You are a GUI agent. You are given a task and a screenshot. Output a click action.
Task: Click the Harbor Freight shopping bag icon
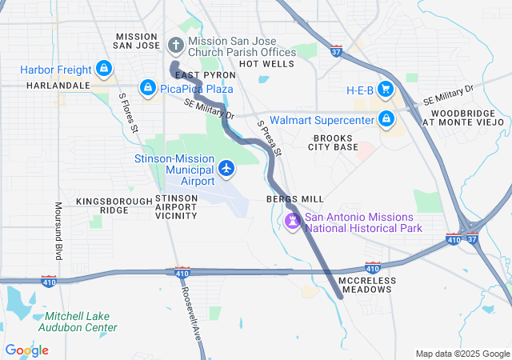tap(103, 70)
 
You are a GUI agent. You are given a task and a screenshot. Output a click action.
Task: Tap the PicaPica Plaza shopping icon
tap(147, 87)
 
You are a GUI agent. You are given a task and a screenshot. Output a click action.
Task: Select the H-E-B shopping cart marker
tap(386, 89)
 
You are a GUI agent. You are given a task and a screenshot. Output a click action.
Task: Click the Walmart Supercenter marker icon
tap(386, 120)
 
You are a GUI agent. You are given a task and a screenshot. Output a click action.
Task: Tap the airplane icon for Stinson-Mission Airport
tap(226, 169)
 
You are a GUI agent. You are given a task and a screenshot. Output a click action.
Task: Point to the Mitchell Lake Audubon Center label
tap(76, 322)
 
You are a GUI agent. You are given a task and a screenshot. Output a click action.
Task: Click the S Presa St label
tap(270, 138)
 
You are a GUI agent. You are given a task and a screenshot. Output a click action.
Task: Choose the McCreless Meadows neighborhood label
tap(365, 285)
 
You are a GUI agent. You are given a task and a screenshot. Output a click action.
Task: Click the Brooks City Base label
tap(334, 142)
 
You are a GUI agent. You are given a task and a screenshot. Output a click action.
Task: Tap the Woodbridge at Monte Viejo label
tap(463, 118)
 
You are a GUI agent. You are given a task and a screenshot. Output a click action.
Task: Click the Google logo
tap(26, 350)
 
